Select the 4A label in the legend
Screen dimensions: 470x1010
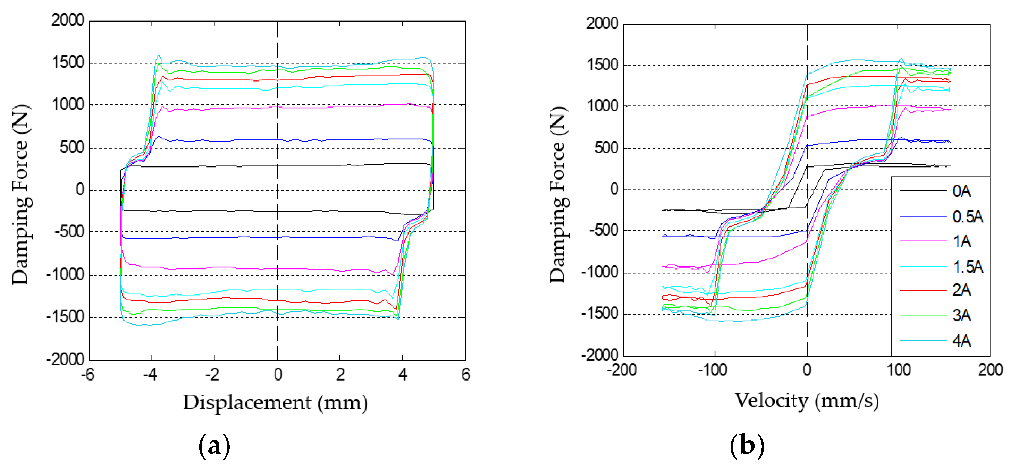tap(961, 341)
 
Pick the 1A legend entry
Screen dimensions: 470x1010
tap(961, 241)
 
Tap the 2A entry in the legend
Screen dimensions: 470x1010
tap(961, 290)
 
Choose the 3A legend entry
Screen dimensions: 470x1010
tap(961, 315)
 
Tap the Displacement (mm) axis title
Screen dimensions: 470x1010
tap(275, 403)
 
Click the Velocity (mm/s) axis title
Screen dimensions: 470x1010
tap(807, 401)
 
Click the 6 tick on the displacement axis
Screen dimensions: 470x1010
tap(465, 375)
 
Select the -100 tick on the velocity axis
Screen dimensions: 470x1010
tap(713, 370)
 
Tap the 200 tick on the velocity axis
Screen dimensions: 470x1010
tap(990, 370)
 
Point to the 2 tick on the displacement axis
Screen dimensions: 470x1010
tap(340, 375)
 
